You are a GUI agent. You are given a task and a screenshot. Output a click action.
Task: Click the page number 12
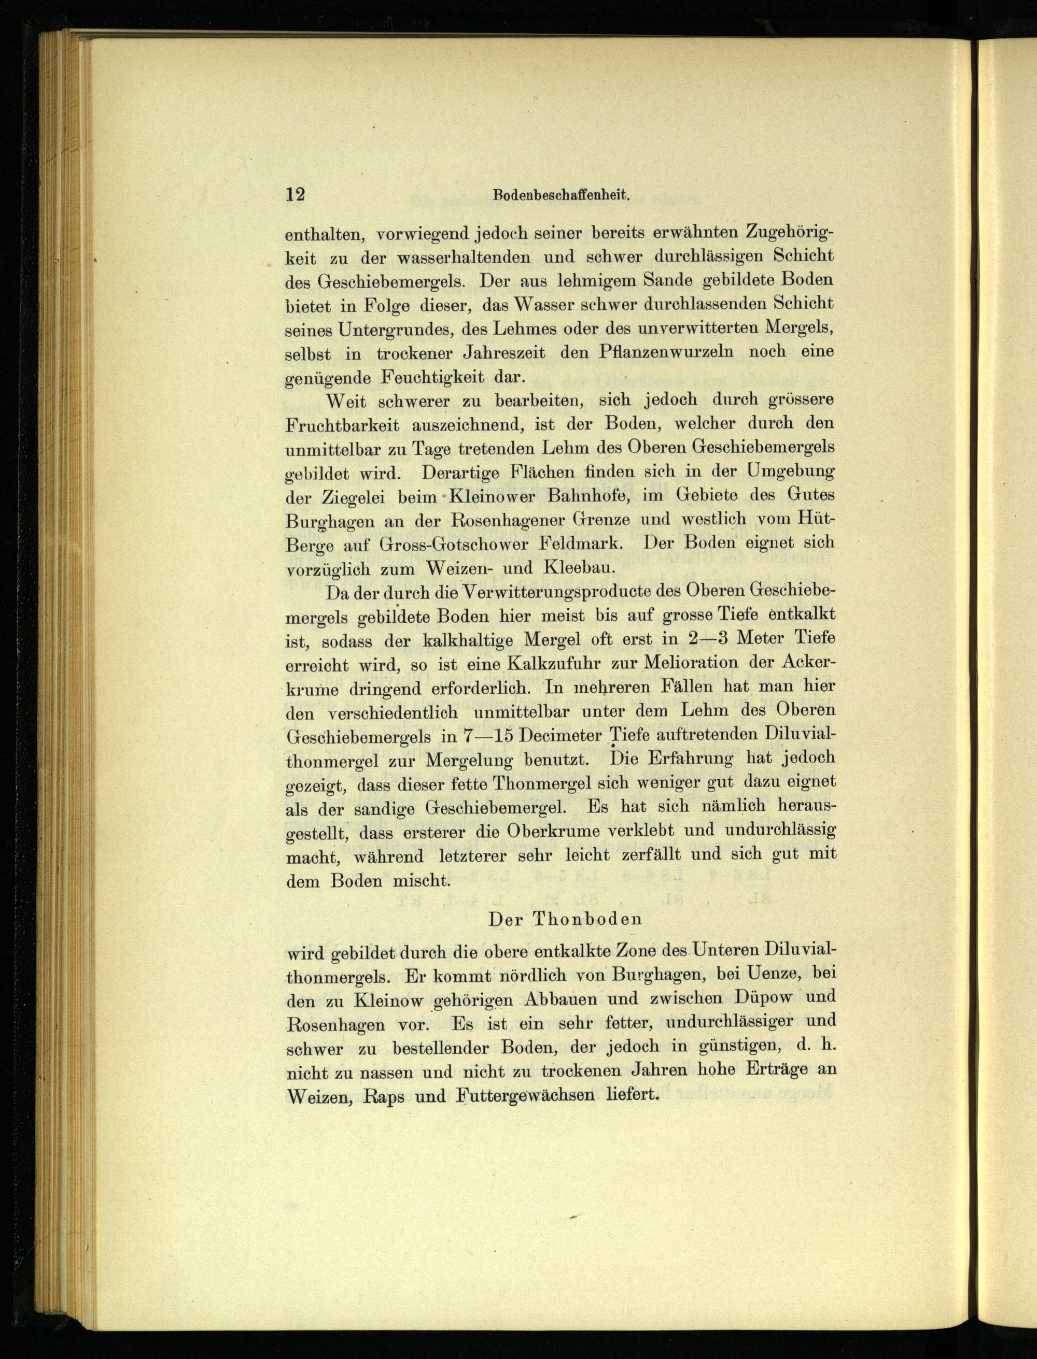[x=295, y=194]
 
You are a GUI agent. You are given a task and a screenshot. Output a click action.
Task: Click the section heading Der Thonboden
[x=565, y=919]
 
